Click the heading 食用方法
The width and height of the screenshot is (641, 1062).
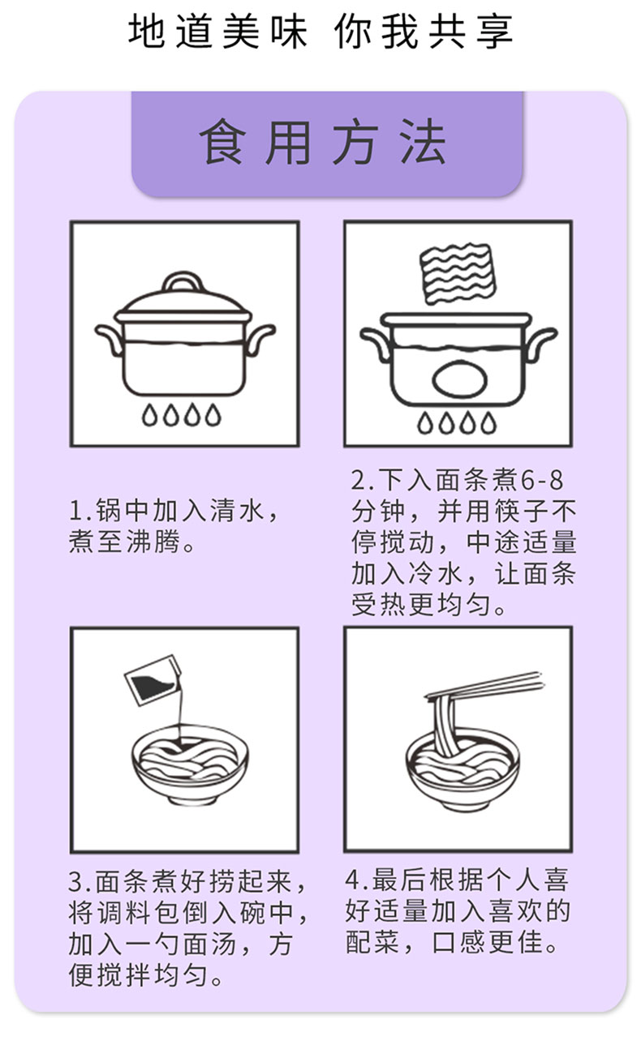[x=323, y=142]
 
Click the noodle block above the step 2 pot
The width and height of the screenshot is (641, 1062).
[x=457, y=273]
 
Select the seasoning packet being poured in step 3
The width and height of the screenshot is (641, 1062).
[x=153, y=680]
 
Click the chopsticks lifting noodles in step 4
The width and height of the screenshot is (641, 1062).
[x=484, y=685]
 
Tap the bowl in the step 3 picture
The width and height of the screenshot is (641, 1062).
[x=190, y=764]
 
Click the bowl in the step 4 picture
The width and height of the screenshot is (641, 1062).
[x=462, y=768]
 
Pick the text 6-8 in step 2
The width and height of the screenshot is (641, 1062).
[x=542, y=480]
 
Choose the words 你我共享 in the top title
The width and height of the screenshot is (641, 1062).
[x=424, y=32]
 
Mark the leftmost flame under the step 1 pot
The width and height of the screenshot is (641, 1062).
[x=149, y=415]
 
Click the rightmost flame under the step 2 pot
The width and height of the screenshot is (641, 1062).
[x=488, y=423]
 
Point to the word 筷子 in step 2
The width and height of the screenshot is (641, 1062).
[x=520, y=511]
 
